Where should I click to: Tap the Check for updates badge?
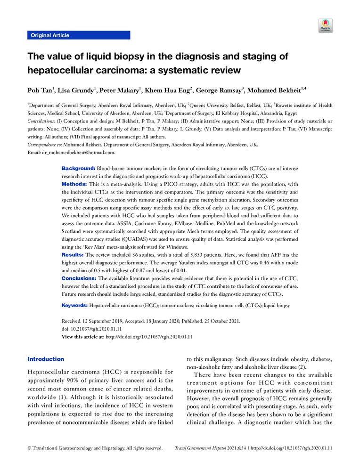tap(325, 25)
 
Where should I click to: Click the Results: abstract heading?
tap(73, 254)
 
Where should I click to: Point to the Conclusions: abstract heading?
tap(79, 278)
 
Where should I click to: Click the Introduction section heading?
tap(46, 359)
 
